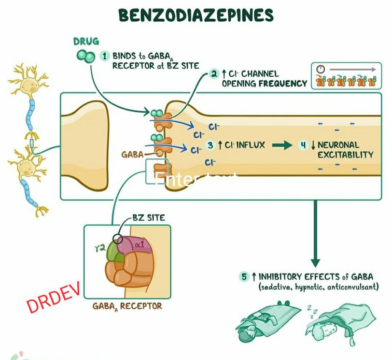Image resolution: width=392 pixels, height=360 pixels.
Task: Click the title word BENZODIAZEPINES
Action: point(196,15)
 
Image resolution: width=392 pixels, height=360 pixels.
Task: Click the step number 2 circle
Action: point(214,74)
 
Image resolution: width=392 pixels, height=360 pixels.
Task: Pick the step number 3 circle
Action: point(210,144)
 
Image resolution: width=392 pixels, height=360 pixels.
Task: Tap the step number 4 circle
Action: point(303,144)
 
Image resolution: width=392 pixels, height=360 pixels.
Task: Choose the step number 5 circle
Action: point(245,277)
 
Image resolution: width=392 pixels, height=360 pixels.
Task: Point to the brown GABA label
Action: point(132,155)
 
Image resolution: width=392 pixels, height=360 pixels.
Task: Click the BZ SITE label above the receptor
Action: point(149,218)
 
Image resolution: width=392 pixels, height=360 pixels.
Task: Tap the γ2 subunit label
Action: point(100,248)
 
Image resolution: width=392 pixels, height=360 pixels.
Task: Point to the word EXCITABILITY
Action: point(345,155)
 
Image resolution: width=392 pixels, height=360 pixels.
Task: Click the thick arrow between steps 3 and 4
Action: point(282,145)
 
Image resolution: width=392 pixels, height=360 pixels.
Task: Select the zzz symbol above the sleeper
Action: point(309,308)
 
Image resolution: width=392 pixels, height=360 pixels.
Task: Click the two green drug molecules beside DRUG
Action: point(85,56)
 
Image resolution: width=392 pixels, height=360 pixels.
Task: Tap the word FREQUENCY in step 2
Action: point(283,83)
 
